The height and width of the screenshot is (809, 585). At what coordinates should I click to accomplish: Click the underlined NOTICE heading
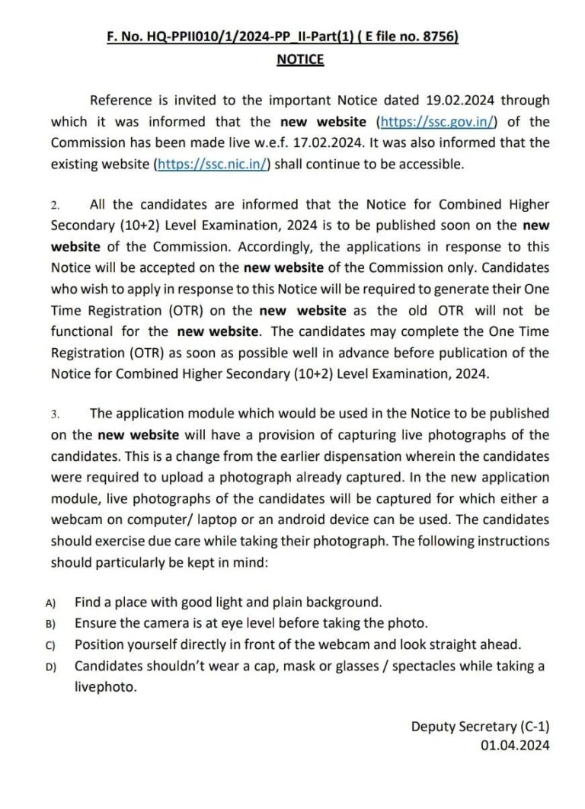click(x=300, y=59)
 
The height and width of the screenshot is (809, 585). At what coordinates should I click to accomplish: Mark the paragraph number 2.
click(x=55, y=206)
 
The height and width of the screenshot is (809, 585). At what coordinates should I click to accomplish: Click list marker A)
click(x=51, y=603)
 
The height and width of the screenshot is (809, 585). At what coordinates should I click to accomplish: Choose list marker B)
click(x=51, y=624)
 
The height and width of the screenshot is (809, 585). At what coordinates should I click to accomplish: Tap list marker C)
click(x=51, y=644)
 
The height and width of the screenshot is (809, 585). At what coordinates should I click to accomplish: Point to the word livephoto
click(x=105, y=686)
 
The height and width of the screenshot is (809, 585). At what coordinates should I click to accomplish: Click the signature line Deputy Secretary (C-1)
click(x=480, y=726)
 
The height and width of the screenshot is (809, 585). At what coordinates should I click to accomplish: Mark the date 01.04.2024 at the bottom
click(x=515, y=747)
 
